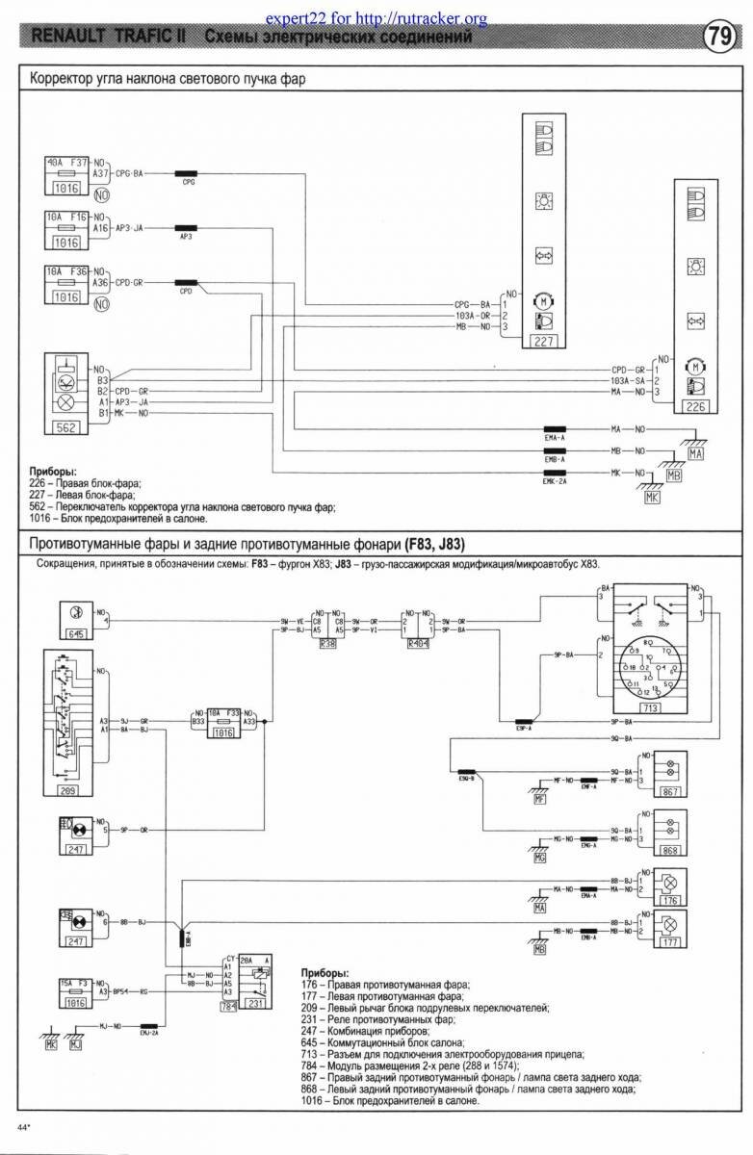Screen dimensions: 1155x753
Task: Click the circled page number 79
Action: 718,38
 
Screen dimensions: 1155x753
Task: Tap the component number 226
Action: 696,406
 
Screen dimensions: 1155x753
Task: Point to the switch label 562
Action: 65,426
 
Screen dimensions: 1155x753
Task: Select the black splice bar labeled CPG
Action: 188,173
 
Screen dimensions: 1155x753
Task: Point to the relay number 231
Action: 257,1005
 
